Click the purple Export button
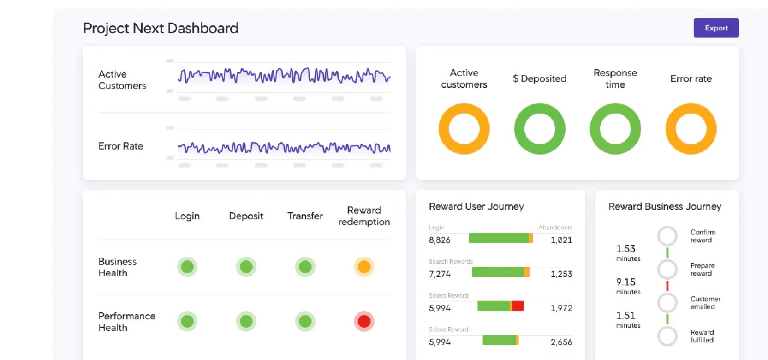[716, 28]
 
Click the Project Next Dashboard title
[161, 28]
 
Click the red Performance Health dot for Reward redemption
[364, 321]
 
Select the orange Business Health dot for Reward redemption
[364, 267]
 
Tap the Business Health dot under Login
[187, 267]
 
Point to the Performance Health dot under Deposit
[246, 321]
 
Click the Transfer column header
[305, 216]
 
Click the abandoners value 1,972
[561, 308]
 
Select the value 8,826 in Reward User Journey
[440, 240]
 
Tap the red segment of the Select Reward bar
[518, 306]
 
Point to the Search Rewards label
[451, 261]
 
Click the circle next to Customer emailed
[667, 303]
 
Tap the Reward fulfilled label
[702, 336]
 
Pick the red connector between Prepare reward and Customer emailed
[667, 286]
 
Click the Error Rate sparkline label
[120, 146]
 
